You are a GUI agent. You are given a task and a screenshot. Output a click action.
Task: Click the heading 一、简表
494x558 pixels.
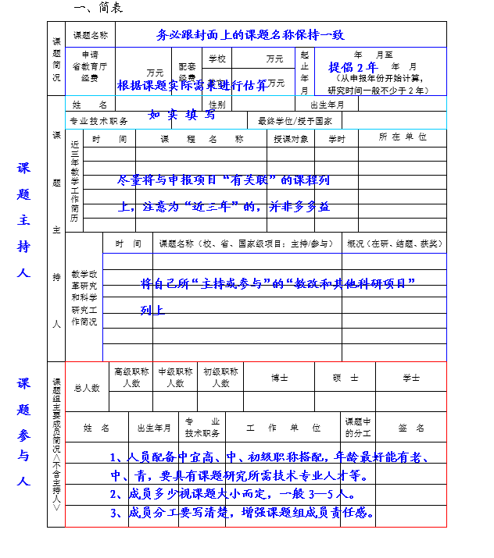[x=98, y=8]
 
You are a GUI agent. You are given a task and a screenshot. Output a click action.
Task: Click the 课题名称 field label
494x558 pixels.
[x=91, y=35]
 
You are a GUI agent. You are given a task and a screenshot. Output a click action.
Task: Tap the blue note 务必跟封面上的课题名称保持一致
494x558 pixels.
[x=250, y=35]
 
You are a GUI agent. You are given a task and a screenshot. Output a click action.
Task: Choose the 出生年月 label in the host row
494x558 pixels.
[x=328, y=105]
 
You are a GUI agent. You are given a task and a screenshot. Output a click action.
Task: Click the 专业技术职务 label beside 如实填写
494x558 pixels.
[x=98, y=121]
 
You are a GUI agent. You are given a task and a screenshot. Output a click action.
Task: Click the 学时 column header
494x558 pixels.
[x=337, y=138]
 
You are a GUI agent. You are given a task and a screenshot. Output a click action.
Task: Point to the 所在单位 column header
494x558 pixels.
[x=403, y=137]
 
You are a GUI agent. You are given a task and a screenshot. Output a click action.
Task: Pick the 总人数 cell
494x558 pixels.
[x=87, y=387]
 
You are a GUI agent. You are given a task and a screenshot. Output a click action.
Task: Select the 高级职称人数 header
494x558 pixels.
[x=131, y=378]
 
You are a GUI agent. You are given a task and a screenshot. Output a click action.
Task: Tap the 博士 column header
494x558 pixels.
[x=279, y=378]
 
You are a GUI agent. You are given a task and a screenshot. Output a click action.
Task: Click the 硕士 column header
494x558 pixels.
[x=345, y=378]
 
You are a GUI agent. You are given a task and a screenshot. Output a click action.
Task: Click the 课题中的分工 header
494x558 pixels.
[x=358, y=428]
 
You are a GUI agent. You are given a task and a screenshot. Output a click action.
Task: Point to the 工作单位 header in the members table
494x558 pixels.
[x=283, y=428]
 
